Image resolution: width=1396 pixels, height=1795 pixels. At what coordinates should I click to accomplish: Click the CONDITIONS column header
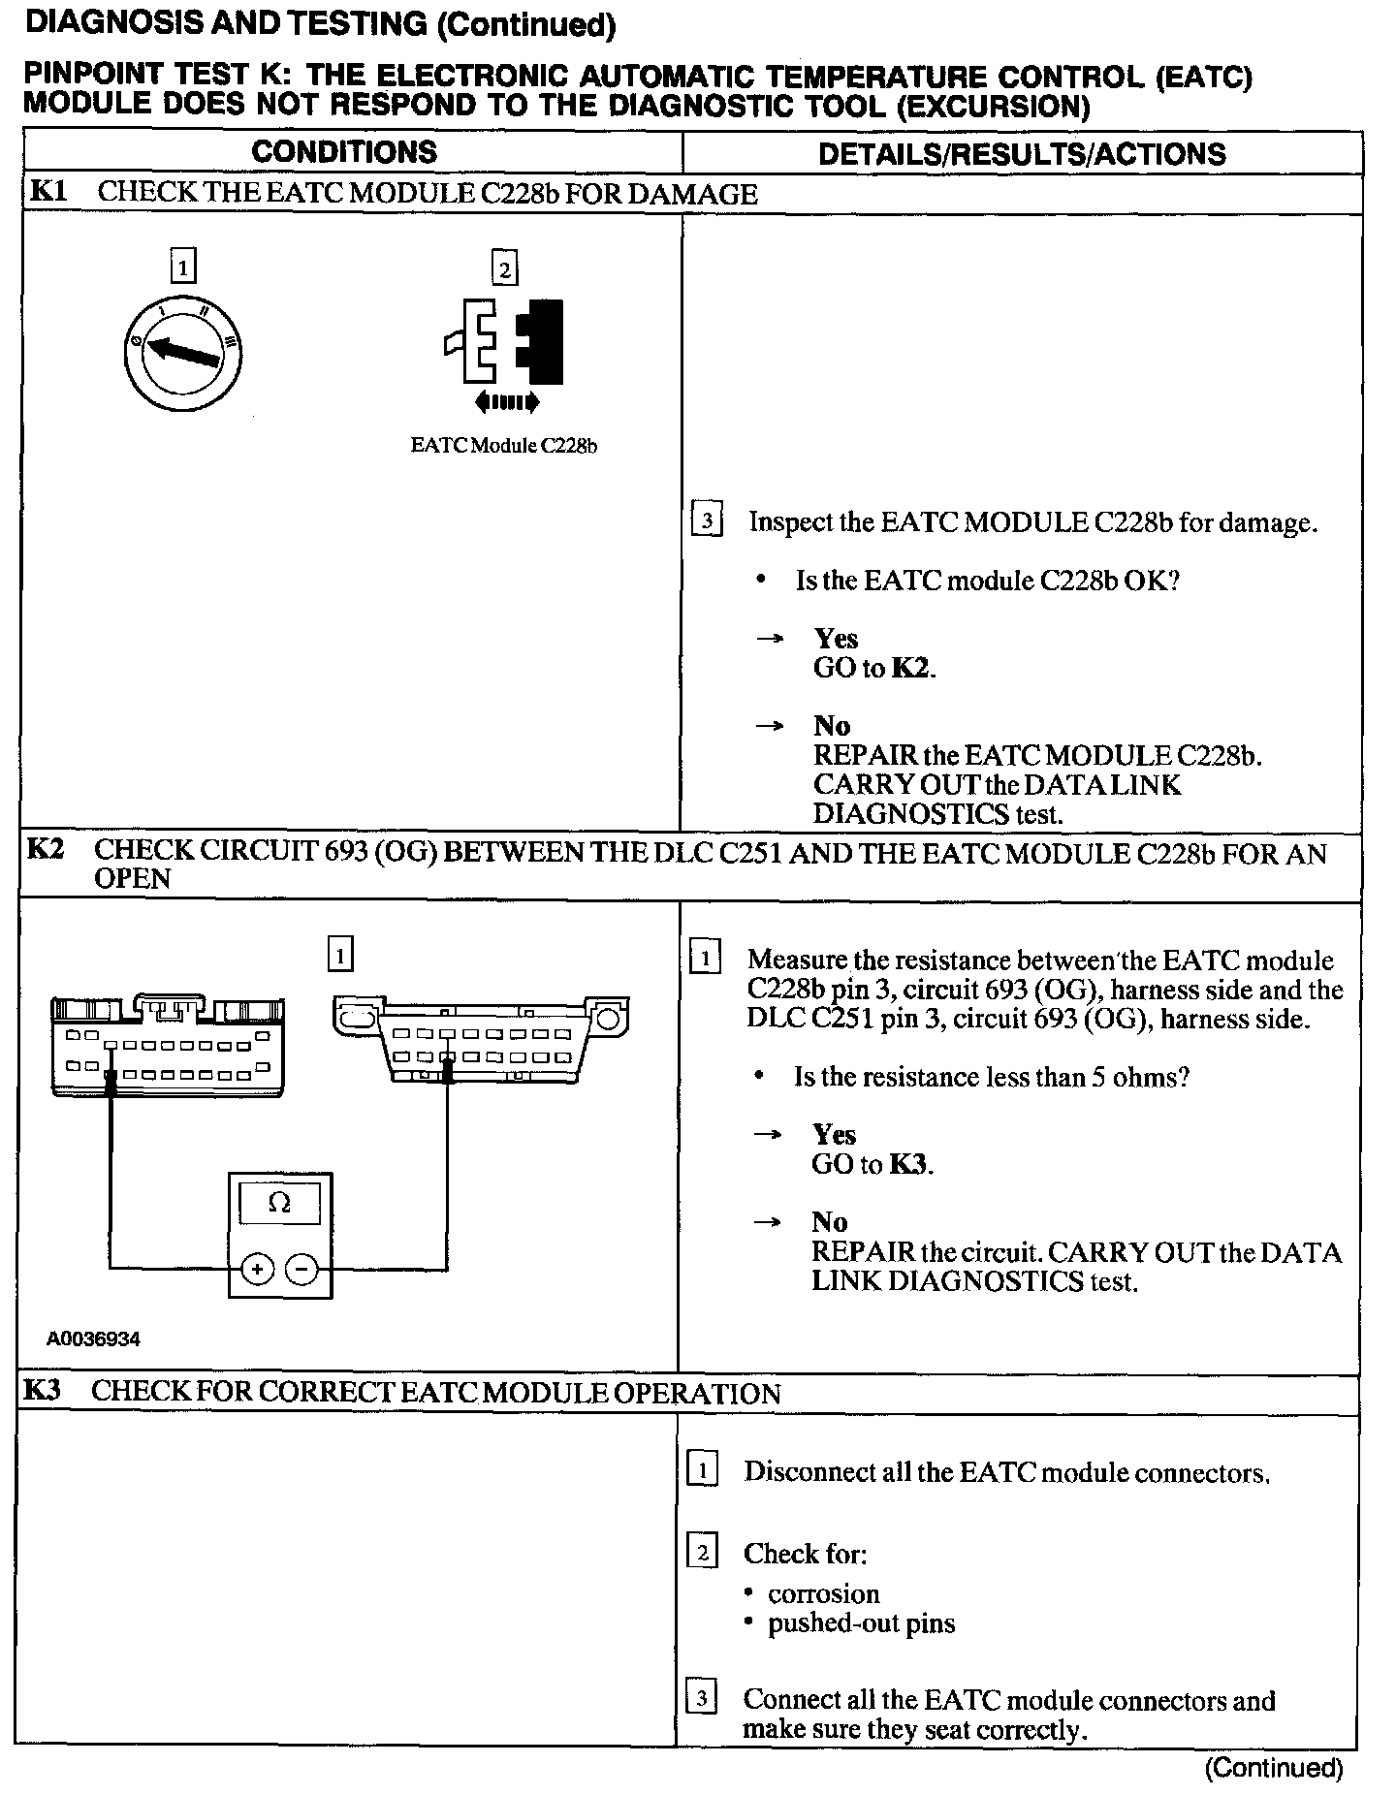tap(344, 152)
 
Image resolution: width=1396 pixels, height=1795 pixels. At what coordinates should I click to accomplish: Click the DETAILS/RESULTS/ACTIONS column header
tap(1022, 154)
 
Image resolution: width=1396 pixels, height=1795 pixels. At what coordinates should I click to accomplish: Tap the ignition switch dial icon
tap(183, 354)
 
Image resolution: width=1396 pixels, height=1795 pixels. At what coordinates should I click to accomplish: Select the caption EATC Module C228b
tap(503, 446)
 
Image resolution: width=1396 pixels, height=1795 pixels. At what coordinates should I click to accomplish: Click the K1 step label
tap(48, 191)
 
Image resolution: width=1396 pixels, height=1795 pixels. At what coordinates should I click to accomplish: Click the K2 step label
tap(47, 850)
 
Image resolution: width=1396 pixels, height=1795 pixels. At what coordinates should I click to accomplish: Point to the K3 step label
tap(44, 1391)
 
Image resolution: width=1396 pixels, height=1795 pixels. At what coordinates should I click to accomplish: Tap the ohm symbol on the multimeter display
tap(279, 1203)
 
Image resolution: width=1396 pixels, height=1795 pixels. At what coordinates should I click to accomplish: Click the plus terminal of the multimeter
tap(258, 1268)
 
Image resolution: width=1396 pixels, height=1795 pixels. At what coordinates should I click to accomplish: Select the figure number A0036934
tap(94, 1339)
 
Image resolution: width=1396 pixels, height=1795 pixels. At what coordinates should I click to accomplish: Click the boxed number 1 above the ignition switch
tap(182, 267)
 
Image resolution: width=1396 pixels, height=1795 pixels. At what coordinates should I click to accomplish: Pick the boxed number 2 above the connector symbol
tap(504, 268)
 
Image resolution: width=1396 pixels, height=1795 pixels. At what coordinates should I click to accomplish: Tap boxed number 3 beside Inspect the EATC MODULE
tap(707, 521)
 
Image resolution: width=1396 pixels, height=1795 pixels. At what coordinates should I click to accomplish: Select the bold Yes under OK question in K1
tap(836, 638)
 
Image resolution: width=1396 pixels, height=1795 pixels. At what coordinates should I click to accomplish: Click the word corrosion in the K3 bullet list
tap(823, 1594)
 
